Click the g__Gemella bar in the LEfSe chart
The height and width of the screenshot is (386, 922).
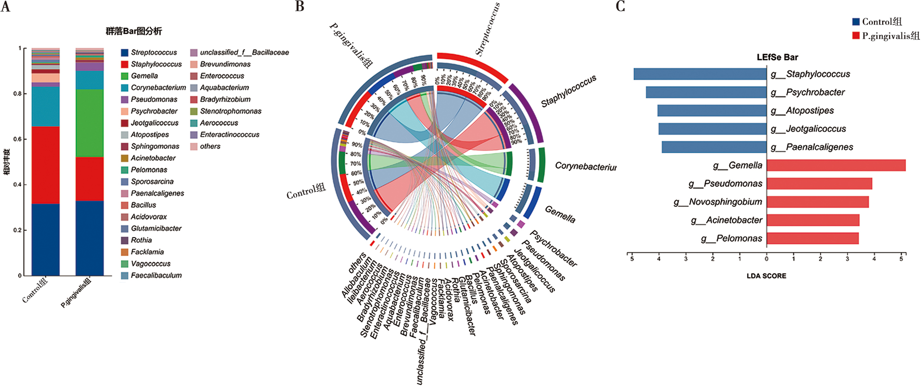836,165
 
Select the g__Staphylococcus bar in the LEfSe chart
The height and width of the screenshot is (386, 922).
700,74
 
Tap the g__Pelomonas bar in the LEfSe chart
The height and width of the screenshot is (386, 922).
812,238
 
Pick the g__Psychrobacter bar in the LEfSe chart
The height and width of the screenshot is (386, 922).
706,92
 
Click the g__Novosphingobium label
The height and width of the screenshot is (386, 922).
717,202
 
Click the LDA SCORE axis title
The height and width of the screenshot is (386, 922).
766,276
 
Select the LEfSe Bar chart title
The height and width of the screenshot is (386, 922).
777,57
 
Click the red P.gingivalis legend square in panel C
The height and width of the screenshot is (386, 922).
856,36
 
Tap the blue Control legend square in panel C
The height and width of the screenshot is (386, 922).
856,22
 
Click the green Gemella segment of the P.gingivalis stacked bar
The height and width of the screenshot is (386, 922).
90,123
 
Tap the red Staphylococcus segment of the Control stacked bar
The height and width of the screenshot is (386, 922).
46,165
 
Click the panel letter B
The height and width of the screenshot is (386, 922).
299,6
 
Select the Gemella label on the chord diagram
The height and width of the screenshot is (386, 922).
560,214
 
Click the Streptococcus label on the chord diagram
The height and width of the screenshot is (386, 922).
488,29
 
